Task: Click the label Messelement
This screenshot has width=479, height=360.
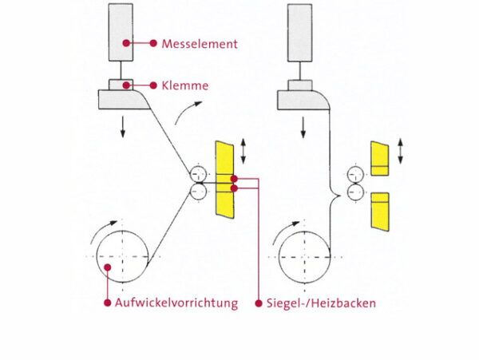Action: (x=199, y=44)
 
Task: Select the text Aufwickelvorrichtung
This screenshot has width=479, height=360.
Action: (x=176, y=303)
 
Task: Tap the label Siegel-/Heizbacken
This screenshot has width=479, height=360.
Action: (x=321, y=303)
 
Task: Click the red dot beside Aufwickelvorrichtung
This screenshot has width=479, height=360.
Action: (x=107, y=303)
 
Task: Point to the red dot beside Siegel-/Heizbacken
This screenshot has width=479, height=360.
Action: (x=259, y=303)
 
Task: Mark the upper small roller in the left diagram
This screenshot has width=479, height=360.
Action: (x=199, y=175)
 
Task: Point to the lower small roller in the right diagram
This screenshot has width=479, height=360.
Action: (x=357, y=192)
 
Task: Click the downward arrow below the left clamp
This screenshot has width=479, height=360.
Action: (x=122, y=126)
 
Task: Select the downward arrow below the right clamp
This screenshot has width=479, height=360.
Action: (x=302, y=126)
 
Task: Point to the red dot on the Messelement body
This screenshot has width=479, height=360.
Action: (x=125, y=43)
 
